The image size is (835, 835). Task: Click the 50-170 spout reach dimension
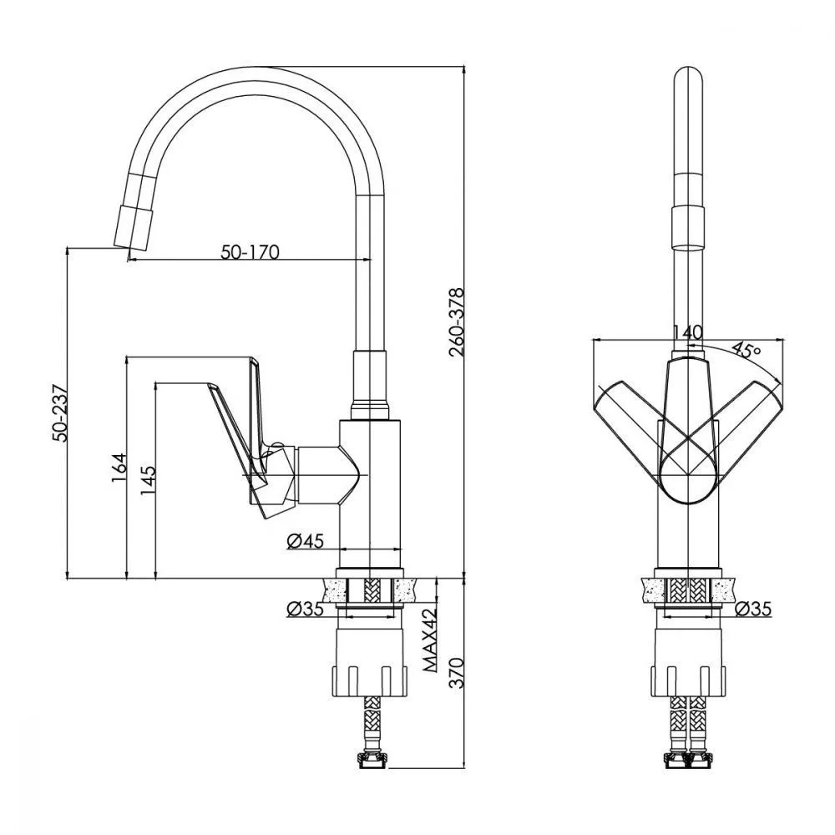250,250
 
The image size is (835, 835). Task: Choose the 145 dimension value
147,480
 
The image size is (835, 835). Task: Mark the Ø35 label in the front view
752,609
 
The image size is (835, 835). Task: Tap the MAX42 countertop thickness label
430,641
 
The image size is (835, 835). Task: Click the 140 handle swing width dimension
686,331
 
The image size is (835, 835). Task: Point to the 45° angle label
746,349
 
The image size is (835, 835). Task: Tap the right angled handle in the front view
751,409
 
